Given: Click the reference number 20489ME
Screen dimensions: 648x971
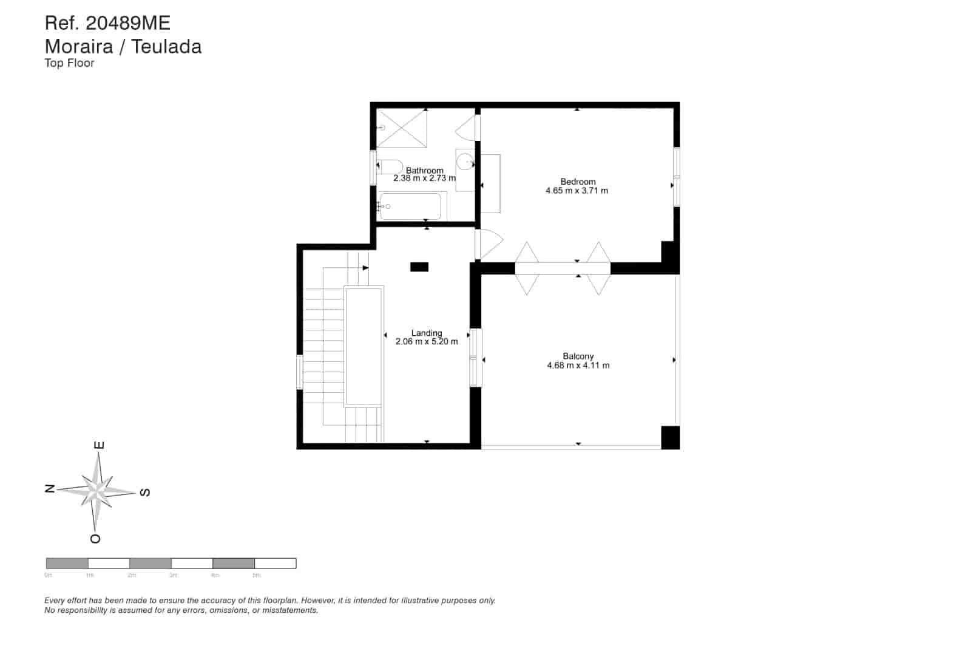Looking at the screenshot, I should click(x=128, y=23).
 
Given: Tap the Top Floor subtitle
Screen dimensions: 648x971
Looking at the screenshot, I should click(x=69, y=63).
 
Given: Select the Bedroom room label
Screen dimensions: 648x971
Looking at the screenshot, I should click(x=577, y=182).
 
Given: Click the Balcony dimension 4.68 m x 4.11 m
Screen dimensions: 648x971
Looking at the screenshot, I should click(x=578, y=366).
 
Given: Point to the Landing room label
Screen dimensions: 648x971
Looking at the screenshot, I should click(x=427, y=333).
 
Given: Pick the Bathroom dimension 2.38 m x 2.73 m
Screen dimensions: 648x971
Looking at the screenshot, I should click(x=424, y=179).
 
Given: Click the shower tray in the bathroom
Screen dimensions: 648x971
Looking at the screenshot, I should click(x=401, y=128).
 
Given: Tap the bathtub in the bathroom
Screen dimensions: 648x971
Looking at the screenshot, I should click(x=411, y=206).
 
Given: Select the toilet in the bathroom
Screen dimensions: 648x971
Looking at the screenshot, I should click(x=389, y=166).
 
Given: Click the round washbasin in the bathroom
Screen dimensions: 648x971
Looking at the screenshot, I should click(x=465, y=162).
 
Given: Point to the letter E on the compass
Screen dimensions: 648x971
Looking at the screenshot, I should click(x=100, y=445).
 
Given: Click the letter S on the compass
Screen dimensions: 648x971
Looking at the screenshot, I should click(x=145, y=493).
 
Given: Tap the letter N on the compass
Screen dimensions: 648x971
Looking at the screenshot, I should click(x=50, y=488).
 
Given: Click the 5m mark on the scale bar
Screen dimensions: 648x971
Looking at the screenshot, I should click(x=256, y=575).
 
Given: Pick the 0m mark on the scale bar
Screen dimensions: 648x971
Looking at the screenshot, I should click(x=49, y=575).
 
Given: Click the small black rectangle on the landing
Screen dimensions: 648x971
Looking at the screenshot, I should click(x=419, y=267).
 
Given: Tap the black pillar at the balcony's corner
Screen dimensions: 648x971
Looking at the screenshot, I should click(x=670, y=437).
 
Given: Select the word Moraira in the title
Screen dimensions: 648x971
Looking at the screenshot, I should click(x=78, y=46).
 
